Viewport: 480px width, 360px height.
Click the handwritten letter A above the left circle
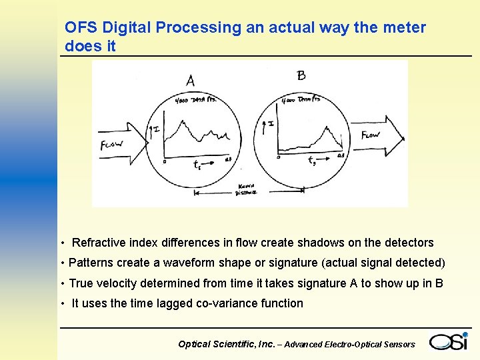(191, 81)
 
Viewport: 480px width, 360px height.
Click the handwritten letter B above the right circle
(301, 75)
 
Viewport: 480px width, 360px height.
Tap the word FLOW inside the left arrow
(111, 145)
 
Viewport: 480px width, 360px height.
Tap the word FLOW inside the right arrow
(371, 135)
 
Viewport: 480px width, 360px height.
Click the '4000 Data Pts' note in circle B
(301, 99)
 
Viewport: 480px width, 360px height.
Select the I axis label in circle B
(272, 123)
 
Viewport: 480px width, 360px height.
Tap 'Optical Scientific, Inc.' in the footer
(226, 344)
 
